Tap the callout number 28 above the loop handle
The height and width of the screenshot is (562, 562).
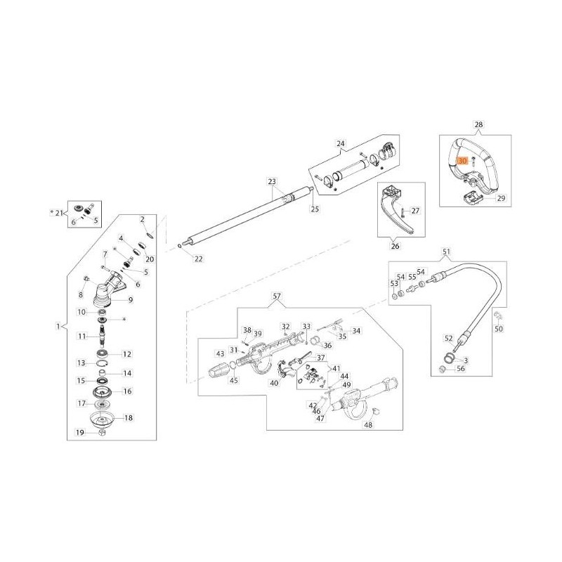(x=479, y=125)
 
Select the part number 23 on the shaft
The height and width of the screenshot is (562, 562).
(x=273, y=181)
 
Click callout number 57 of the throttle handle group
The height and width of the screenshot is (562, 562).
(x=275, y=298)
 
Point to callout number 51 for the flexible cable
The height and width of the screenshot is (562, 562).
(x=445, y=251)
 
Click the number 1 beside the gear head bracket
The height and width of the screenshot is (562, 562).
(x=58, y=327)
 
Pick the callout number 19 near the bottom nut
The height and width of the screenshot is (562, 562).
(x=81, y=433)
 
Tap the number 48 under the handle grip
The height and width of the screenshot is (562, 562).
(x=368, y=424)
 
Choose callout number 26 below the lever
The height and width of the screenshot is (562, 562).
(x=394, y=246)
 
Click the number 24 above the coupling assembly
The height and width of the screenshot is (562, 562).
(x=341, y=144)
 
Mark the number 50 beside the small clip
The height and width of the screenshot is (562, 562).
(x=499, y=329)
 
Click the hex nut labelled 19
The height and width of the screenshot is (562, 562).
(x=101, y=432)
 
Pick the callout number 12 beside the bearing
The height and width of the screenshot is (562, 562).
(x=127, y=354)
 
